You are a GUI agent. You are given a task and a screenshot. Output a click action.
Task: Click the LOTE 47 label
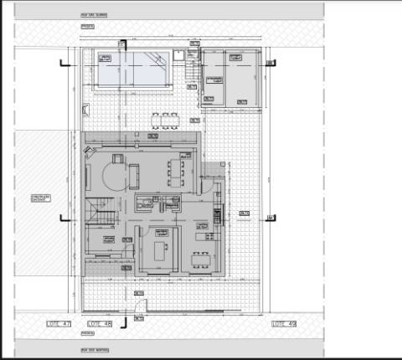[58, 323]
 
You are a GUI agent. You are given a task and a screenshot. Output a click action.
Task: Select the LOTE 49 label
[285, 323]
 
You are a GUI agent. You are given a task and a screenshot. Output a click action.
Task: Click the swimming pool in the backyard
[134, 69]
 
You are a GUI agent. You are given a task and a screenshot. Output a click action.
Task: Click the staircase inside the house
[99, 209]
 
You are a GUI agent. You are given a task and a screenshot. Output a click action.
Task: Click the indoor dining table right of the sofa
[175, 172]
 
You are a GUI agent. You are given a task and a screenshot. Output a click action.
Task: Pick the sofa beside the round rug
[133, 175]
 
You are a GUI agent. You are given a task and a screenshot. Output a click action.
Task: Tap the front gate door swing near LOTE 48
[141, 306]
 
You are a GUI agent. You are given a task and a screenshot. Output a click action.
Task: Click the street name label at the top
[93, 15]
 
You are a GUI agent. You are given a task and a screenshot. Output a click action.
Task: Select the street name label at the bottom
[93, 350]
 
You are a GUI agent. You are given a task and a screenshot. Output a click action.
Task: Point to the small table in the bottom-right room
[201, 256]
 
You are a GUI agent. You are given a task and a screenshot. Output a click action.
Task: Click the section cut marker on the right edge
[270, 219]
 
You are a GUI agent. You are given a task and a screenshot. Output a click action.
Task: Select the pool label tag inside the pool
[106, 58]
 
